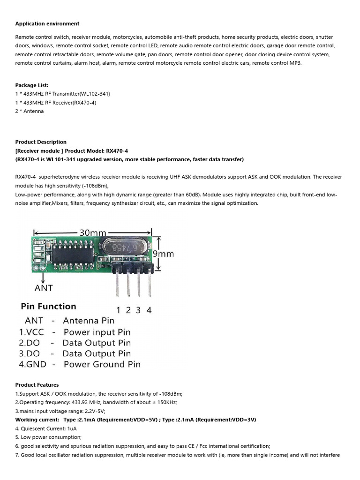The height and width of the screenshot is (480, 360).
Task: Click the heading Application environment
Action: click(47, 24)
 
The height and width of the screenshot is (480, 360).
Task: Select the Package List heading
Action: click(31, 85)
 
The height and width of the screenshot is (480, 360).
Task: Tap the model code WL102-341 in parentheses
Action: click(95, 94)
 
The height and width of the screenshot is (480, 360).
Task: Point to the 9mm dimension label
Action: click(164, 254)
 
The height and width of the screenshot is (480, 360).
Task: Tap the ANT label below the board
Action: click(44, 287)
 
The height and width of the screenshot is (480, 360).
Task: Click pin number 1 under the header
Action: click(118, 310)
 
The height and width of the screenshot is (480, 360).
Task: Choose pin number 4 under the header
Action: click(149, 310)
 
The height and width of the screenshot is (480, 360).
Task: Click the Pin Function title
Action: click(48, 307)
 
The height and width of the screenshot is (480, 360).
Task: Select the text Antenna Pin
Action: click(89, 321)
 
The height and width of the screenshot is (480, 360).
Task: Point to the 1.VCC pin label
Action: click(31, 332)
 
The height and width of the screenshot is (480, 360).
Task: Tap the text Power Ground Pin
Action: click(102, 364)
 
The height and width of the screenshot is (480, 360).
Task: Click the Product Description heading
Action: click(41, 142)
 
